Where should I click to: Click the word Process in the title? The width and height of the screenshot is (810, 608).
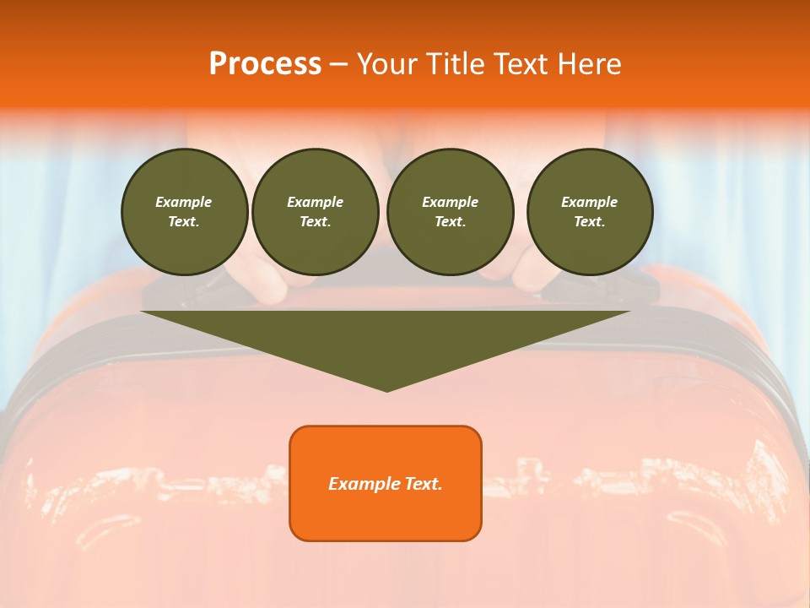click(x=265, y=63)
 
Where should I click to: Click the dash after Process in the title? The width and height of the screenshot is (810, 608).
click(x=338, y=65)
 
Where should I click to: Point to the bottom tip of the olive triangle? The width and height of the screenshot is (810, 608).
click(x=386, y=389)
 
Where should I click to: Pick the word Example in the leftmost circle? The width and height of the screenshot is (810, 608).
click(x=184, y=202)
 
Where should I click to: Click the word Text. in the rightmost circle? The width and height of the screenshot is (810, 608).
click(x=590, y=221)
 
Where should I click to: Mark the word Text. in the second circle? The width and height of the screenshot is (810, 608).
click(x=315, y=221)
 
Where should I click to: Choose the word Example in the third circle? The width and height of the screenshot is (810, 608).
click(x=450, y=202)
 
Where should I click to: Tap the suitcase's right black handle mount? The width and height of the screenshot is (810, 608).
click(x=591, y=287)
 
